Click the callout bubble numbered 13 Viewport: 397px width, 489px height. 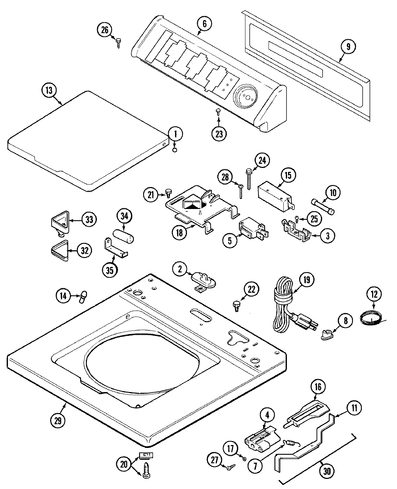tap(49, 90)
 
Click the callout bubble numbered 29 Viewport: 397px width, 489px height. tap(58, 419)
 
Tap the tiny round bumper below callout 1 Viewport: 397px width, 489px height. tap(175, 150)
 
